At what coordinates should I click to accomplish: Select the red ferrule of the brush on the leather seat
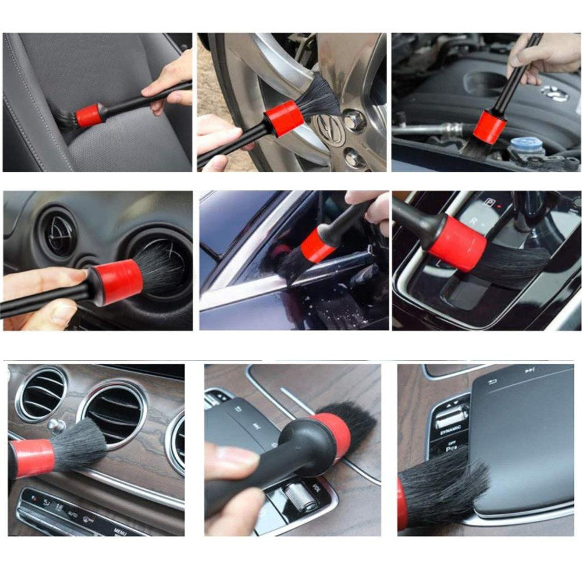(x=89, y=115)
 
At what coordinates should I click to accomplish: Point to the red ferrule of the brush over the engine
(x=489, y=127)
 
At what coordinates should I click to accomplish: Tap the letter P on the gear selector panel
(x=491, y=203)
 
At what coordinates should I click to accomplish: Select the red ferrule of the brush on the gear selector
(x=457, y=243)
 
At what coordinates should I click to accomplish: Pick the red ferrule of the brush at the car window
(x=317, y=245)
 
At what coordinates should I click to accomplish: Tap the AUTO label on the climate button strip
(x=73, y=513)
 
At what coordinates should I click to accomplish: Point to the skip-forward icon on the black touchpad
(x=529, y=370)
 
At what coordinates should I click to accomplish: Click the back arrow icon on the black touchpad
(x=492, y=382)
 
